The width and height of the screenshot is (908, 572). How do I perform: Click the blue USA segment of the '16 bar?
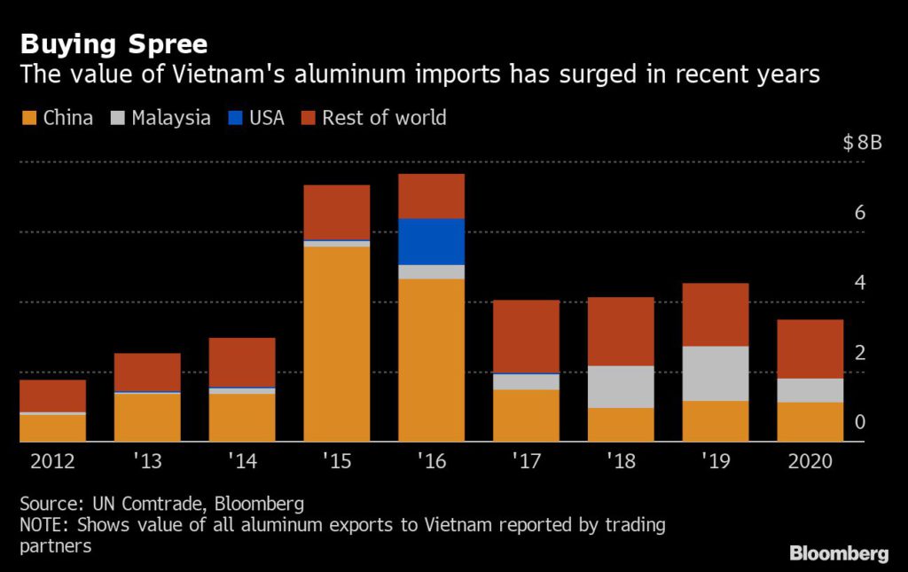pyautogui.click(x=431, y=241)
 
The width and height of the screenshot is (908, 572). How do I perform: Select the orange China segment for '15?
pyautogui.click(x=337, y=343)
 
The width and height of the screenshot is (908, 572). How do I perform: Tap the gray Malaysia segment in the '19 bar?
pyautogui.click(x=716, y=373)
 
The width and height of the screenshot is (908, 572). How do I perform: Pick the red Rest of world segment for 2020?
pyautogui.click(x=810, y=349)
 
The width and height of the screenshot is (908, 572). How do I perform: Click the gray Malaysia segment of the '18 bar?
pyautogui.click(x=621, y=387)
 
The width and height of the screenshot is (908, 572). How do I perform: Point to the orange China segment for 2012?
pyautogui.click(x=52, y=427)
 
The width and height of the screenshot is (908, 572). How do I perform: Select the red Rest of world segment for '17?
pyautogui.click(x=526, y=336)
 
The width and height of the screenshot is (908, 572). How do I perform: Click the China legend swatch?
pyautogui.click(x=28, y=118)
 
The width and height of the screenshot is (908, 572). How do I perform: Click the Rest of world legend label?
pyautogui.click(x=383, y=118)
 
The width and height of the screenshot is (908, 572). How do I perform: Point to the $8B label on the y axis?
pyautogui.click(x=862, y=144)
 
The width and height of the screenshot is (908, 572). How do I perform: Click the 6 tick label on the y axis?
pyautogui.click(x=859, y=213)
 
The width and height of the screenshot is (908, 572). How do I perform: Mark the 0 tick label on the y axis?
pyautogui.click(x=859, y=422)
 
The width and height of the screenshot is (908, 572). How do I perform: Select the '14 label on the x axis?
pyautogui.click(x=242, y=462)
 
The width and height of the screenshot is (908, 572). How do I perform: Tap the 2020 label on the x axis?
pyautogui.click(x=810, y=462)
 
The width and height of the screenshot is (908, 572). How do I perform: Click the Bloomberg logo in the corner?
pyautogui.click(x=838, y=553)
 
